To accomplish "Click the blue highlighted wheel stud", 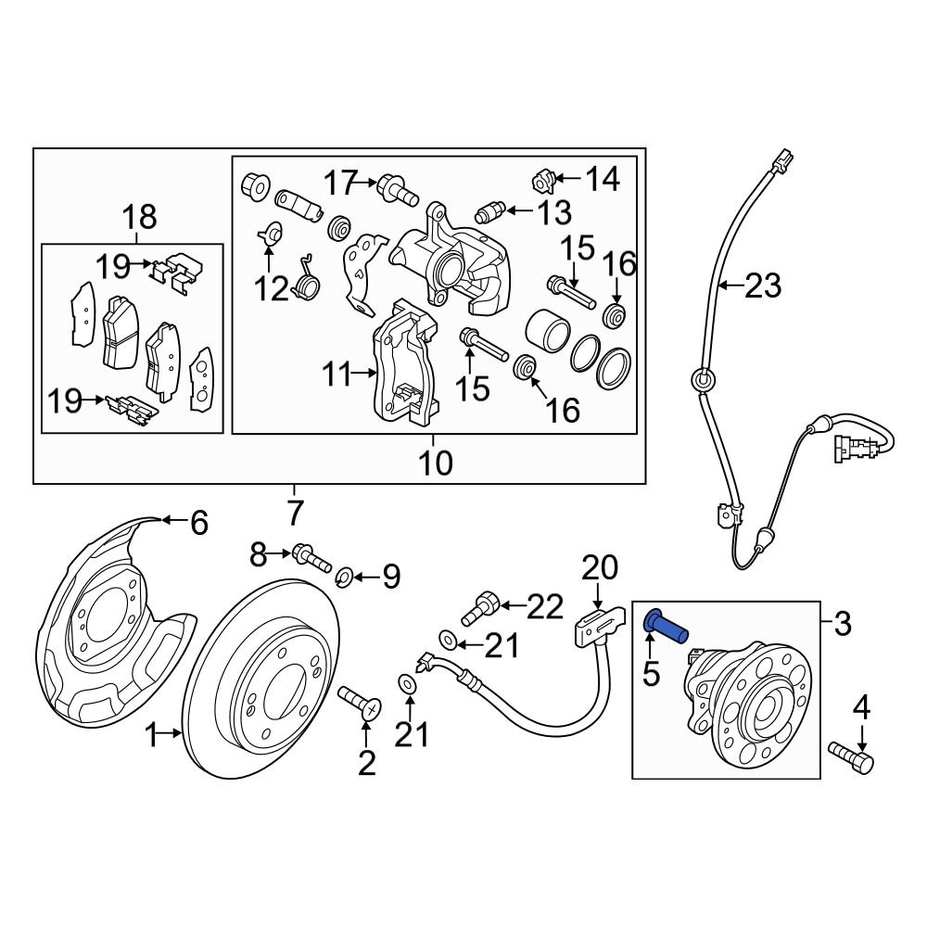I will (x=666, y=627).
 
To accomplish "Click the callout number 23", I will (x=763, y=286).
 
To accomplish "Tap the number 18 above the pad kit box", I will (x=139, y=218).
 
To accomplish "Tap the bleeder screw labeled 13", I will (x=489, y=213).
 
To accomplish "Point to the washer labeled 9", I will (x=342, y=578).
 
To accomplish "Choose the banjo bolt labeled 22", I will (x=486, y=605).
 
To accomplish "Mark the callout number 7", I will (x=294, y=511).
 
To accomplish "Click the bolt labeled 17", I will (x=396, y=189).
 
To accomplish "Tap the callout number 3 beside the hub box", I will (x=842, y=624).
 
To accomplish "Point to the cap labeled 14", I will (x=544, y=175).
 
